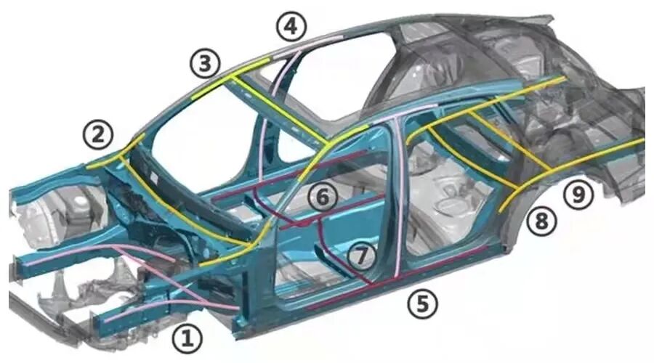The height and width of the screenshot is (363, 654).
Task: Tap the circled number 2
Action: point(97,134)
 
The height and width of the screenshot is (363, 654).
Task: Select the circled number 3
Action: point(205,64)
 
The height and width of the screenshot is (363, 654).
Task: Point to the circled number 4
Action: point(290,27)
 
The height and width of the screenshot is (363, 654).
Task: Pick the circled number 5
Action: point(422,303)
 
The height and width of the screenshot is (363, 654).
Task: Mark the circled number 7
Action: point(362,255)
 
